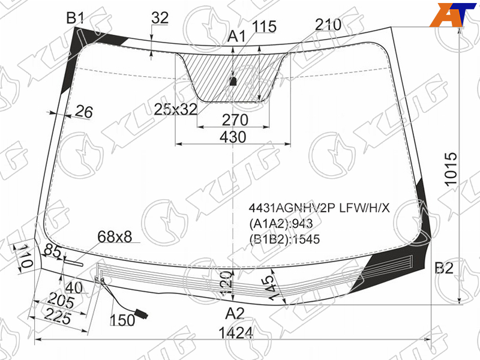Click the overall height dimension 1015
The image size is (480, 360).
point(451,169)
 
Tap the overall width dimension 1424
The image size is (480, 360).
point(236,333)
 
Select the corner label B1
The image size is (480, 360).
point(75,19)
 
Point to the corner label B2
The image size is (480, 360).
point(444,268)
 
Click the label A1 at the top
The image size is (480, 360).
point(236,37)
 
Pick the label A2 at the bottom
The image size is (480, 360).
point(235,313)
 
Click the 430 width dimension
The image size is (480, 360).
point(233,137)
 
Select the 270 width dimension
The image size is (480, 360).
point(235,120)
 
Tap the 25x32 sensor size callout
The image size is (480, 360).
point(175,109)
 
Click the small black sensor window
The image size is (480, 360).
point(233,81)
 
